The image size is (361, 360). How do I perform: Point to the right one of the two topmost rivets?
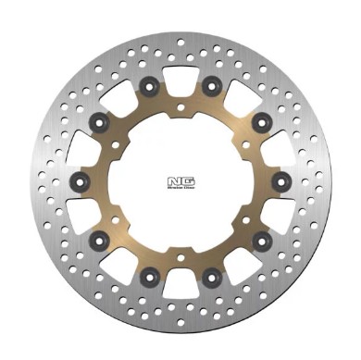(212, 89)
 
